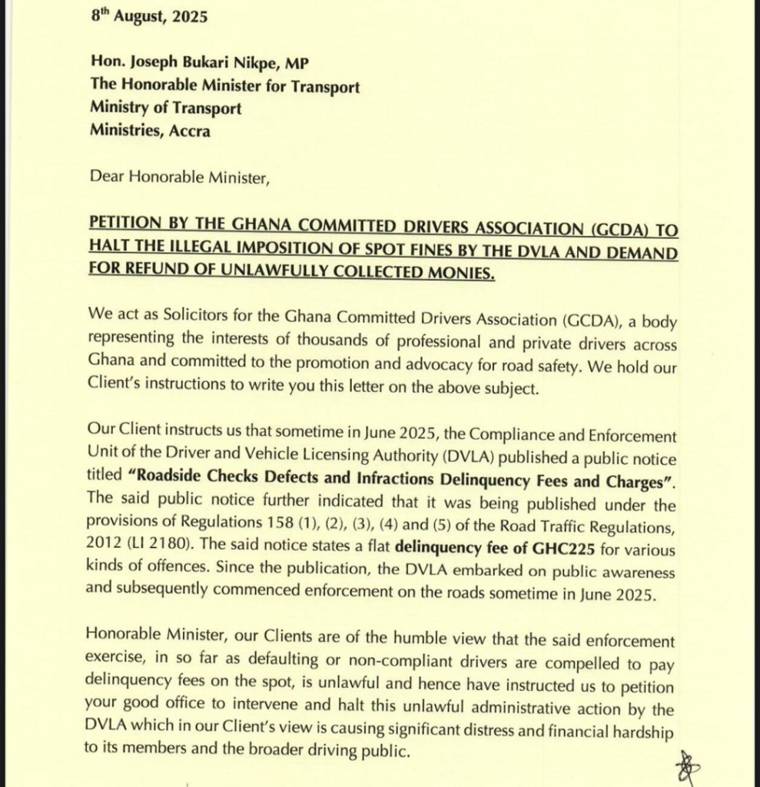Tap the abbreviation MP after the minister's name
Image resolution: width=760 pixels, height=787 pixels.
(297, 65)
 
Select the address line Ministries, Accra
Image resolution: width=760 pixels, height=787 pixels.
(150, 130)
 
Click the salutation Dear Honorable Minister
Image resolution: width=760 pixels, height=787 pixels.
(180, 176)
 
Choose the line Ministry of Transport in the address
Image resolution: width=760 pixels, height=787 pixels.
(165, 108)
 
